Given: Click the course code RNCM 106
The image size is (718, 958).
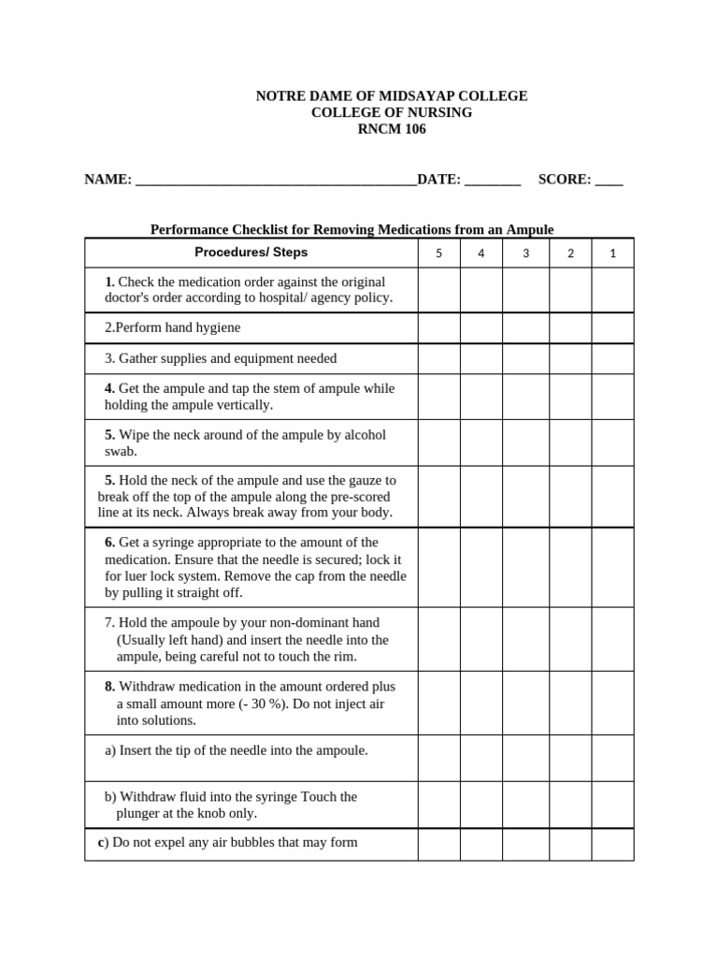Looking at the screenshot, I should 392,129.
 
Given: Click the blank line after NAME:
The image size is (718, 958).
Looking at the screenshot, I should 276,181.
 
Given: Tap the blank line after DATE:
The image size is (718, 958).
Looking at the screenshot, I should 492,181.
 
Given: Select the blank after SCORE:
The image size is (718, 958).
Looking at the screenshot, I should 609,181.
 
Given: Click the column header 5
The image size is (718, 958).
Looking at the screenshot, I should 438,253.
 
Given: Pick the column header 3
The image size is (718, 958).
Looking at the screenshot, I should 525,253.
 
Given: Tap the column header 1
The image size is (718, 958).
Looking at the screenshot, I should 612,253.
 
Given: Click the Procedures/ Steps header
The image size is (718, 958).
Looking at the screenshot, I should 251,252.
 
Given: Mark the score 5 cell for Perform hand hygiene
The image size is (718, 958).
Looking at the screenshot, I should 438,328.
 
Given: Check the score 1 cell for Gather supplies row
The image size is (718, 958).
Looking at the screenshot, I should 612,359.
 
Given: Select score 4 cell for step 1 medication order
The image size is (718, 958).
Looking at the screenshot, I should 481,290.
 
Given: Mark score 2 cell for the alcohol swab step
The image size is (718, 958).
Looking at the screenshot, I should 570,443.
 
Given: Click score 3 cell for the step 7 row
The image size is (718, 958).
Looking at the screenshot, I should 525,640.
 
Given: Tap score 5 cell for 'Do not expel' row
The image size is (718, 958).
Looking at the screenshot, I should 438,844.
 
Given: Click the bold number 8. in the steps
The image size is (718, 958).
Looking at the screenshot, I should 110,686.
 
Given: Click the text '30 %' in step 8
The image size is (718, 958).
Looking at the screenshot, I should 261,704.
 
